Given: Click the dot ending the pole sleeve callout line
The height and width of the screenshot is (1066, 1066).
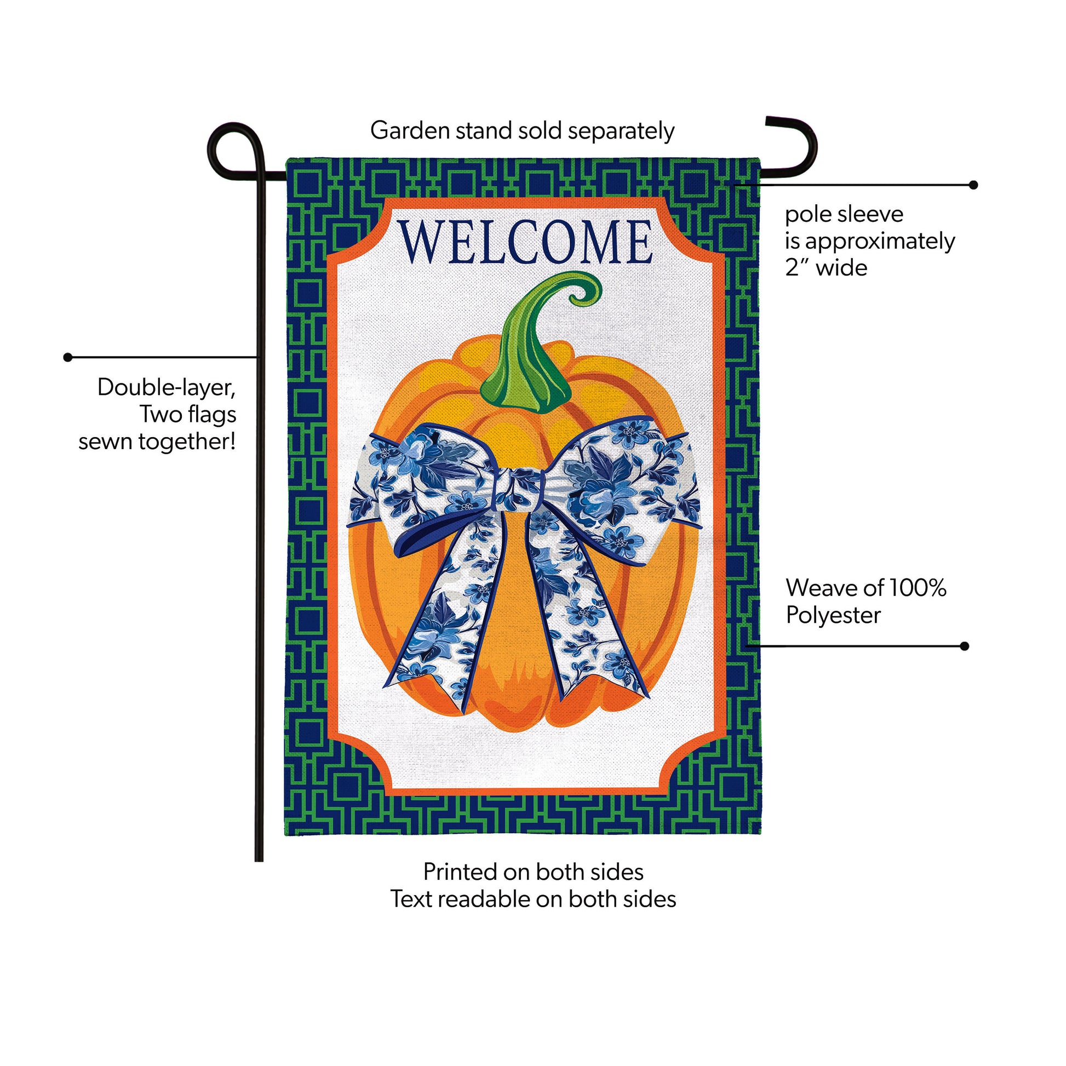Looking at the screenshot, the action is pos(973,185).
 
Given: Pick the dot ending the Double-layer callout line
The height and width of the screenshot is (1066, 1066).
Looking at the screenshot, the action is pos(68,358).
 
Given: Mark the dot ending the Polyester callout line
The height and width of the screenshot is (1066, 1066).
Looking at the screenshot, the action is pos(965,646).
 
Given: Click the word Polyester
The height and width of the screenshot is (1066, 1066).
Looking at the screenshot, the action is pos(833,616).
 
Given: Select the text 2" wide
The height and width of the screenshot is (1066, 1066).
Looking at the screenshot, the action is pos(826,268).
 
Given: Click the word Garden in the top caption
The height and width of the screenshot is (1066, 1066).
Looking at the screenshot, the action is pos(410,131).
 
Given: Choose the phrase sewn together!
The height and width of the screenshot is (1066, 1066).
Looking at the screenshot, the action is pos(157,442).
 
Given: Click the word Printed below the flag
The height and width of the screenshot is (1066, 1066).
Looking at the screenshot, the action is pos(460,872).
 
